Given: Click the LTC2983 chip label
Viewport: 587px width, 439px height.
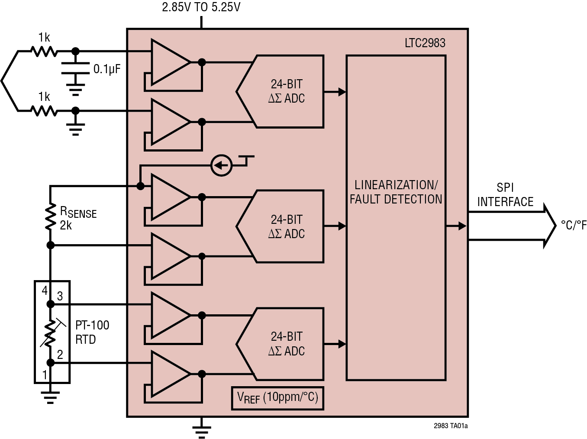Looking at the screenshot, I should [425, 43].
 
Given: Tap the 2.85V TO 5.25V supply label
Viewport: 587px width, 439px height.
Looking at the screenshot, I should [201, 7].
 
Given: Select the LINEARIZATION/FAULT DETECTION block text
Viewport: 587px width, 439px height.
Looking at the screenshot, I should [396, 192].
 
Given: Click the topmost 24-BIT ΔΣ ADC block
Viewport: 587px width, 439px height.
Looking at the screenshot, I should [286, 91].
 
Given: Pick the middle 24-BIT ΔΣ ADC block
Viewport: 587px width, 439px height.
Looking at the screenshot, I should [286, 226].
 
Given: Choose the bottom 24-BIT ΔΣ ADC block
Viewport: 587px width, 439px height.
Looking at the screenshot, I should [286, 344].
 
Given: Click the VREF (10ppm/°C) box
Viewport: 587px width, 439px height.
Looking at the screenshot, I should [277, 397].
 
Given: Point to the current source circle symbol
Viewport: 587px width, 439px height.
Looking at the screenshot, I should [221, 165].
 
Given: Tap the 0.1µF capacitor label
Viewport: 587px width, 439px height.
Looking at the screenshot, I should [107, 69].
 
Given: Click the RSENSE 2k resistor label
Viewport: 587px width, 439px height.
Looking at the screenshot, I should [77, 218].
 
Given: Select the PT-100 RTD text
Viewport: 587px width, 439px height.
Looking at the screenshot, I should [92, 332].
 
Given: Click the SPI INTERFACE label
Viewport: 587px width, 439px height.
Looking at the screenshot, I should [505, 195].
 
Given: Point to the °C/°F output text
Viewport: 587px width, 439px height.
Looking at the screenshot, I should [573, 225].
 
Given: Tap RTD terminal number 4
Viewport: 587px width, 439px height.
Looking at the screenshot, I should [44, 291].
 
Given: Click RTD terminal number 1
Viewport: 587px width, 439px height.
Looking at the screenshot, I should [44, 374].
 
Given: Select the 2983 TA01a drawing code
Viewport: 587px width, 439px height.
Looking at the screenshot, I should [450, 426].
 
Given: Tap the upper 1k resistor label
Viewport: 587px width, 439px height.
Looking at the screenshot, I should [44, 38].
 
